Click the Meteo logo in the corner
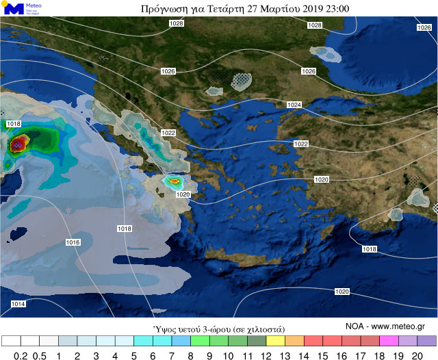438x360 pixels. coord(23,9)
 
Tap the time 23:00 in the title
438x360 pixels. coord(339,9)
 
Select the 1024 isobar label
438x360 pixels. coord(294,105)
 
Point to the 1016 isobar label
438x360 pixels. coord(73,243)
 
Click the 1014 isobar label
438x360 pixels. coord(18,304)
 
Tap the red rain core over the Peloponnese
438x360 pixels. coord(175,181)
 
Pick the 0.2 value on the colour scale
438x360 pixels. coord(21,355)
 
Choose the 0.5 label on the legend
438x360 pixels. coord(40,355)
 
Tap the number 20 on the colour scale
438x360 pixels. coord(417,355)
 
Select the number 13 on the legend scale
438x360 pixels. coord(285,355)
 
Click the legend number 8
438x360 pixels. coord(190,355)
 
